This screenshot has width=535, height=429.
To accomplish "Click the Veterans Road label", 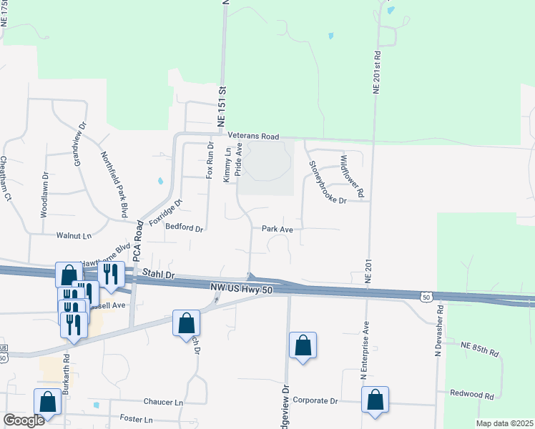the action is [x=252, y=136].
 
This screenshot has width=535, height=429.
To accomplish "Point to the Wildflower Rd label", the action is [x=352, y=176].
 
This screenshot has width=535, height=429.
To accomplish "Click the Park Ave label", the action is [x=278, y=230].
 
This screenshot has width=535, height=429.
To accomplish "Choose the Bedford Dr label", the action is [x=185, y=230].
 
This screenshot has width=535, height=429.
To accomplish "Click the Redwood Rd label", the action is [x=472, y=395].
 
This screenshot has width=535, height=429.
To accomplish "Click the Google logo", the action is [x=24, y=420].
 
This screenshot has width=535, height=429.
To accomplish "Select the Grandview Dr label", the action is [x=80, y=144].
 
